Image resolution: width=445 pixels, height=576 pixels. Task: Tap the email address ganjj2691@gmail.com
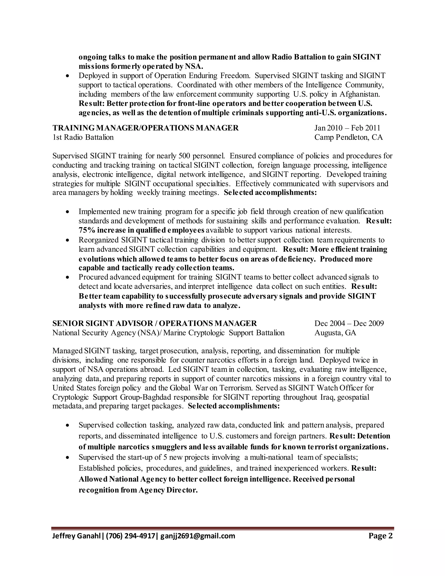(x=198, y=536)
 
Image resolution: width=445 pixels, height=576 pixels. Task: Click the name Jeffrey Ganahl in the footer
(x=76, y=536)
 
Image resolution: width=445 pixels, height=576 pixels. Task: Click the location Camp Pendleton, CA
(x=348, y=137)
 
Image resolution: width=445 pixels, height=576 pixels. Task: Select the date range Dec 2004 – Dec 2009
(x=349, y=323)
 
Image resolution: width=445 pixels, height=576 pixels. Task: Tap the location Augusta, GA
(x=335, y=333)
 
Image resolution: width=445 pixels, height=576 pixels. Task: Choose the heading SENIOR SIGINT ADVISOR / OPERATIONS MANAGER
(x=154, y=323)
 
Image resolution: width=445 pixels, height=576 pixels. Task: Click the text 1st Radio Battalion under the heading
(x=83, y=137)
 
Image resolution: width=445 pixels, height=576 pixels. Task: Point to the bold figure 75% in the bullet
(x=87, y=230)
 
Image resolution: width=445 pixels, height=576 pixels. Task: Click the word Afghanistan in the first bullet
(x=360, y=94)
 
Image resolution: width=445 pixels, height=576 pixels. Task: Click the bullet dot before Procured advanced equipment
(x=68, y=277)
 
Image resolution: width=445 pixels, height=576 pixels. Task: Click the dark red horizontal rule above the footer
(x=223, y=528)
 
